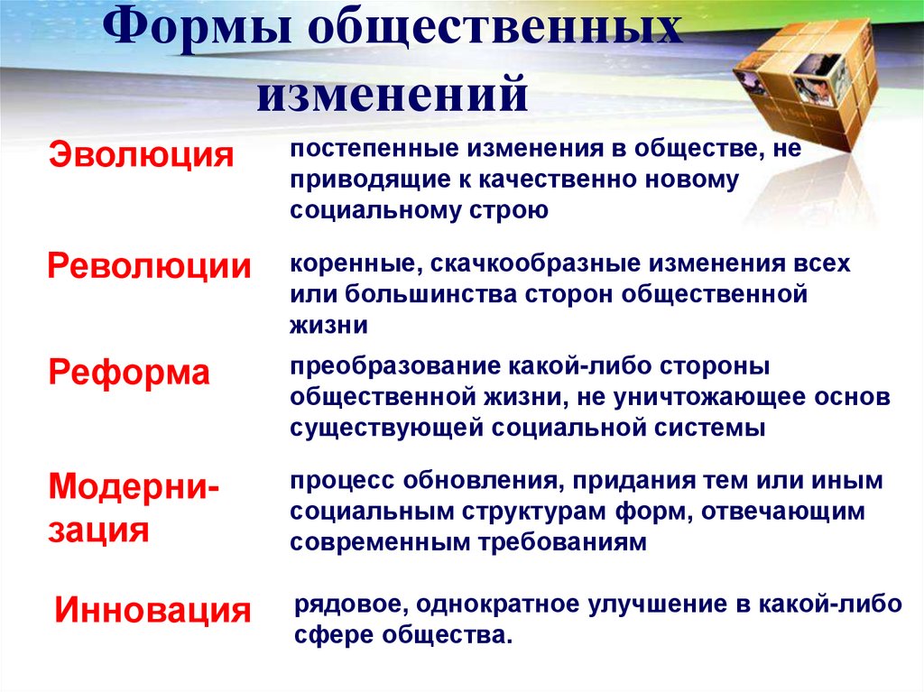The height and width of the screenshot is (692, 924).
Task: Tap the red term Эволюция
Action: click(x=140, y=153)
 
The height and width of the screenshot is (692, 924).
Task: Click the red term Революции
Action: click(x=149, y=266)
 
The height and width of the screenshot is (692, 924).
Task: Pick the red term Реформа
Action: click(x=128, y=372)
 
